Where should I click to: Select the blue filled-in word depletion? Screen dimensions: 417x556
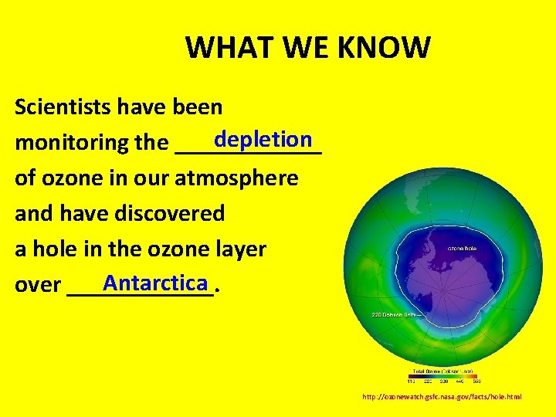point(263,140)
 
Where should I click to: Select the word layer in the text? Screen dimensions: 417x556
point(239,249)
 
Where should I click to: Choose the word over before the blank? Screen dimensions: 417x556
point(38,285)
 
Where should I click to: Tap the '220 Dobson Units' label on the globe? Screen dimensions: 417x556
point(395,315)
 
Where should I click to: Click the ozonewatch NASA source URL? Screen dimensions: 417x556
point(442,396)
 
